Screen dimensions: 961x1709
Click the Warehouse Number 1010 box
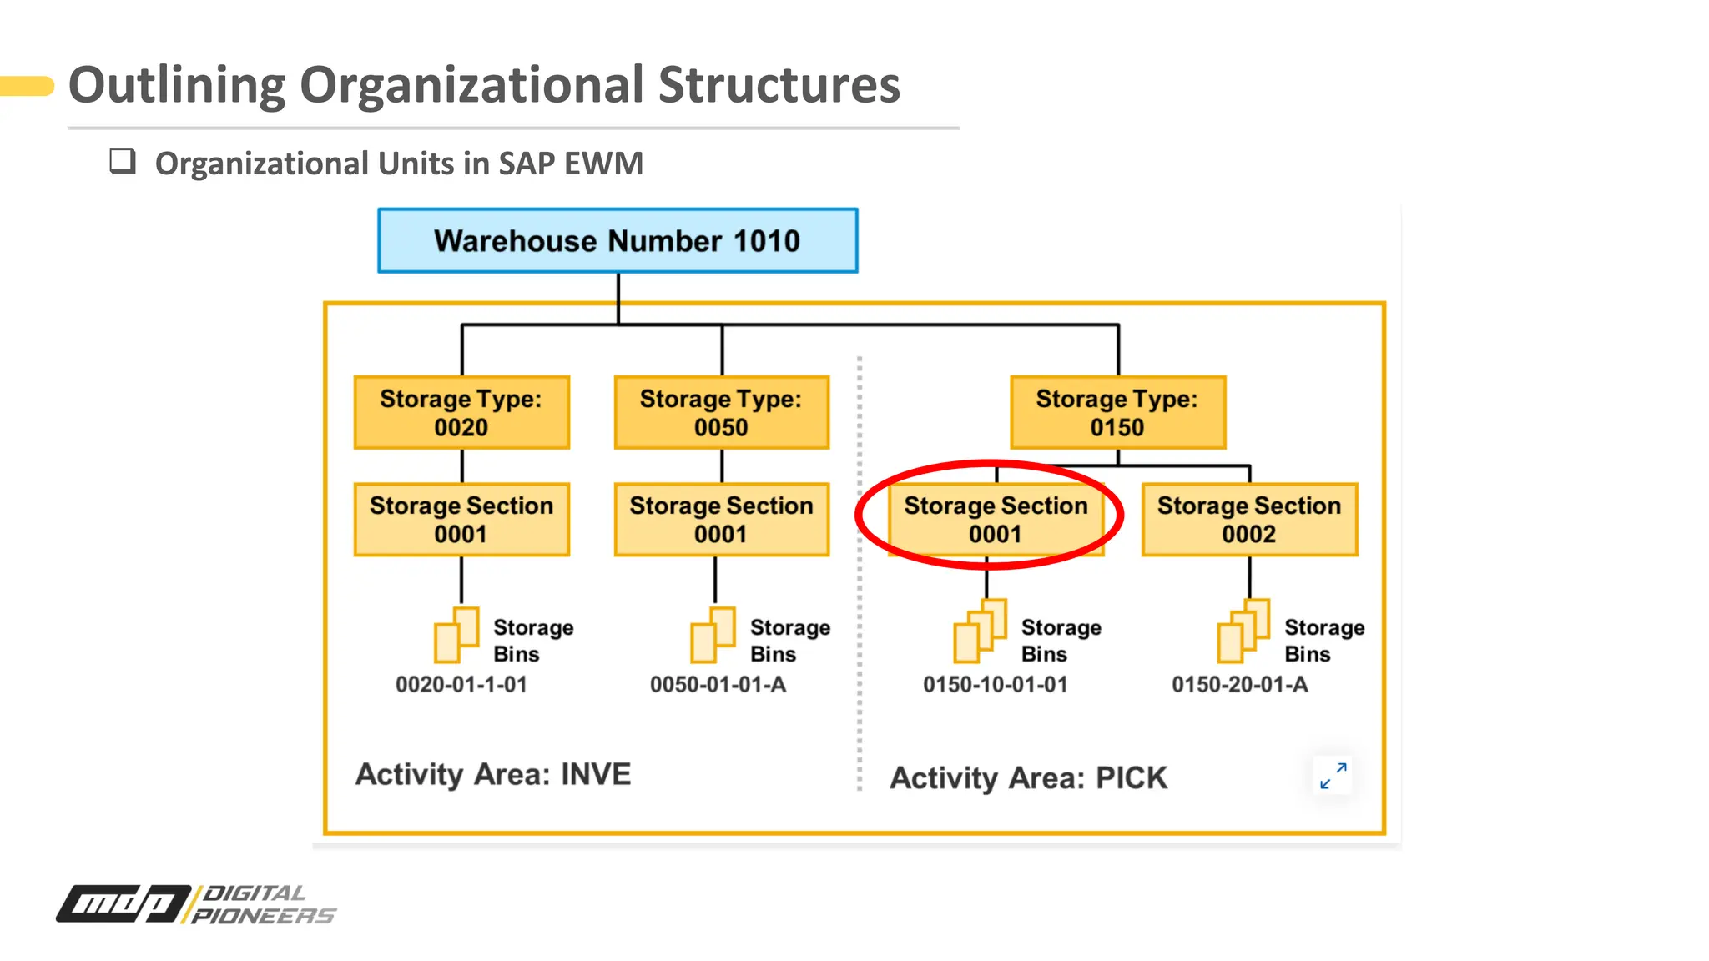tap(618, 241)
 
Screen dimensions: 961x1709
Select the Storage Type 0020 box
tap(461, 413)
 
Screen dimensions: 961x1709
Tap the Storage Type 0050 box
tap(722, 413)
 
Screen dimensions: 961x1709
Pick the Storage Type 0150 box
tap(1117, 413)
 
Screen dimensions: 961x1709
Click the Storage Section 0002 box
tap(1249, 520)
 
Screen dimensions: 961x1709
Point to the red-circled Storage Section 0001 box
tap(996, 520)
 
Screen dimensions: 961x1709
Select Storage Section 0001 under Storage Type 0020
tap(461, 520)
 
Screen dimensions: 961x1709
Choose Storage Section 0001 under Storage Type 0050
tap(722, 520)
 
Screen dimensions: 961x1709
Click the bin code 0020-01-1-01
tap(461, 685)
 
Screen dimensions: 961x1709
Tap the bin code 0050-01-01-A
tap(718, 685)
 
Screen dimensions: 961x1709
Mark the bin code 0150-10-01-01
tap(996, 685)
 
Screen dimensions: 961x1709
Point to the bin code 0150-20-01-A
tap(1240, 685)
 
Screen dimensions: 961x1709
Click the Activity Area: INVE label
tap(493, 774)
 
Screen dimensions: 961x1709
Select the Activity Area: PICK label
tap(1028, 778)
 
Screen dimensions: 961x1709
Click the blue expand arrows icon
tap(1333, 776)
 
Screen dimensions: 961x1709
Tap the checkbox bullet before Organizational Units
tap(123, 161)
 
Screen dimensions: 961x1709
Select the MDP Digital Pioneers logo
tap(196, 904)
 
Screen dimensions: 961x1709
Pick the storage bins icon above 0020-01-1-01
tap(456, 635)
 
